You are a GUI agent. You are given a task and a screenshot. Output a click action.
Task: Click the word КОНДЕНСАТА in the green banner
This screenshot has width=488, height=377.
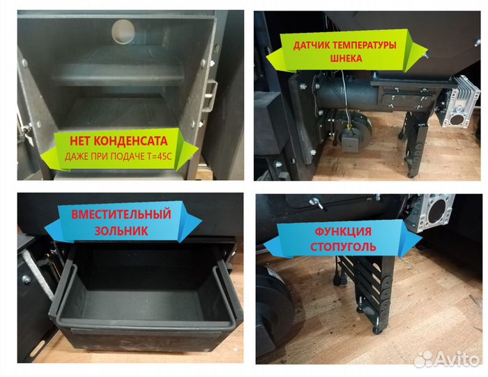pyautogui.click(x=131, y=141)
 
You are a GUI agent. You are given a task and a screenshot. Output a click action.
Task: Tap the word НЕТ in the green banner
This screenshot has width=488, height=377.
pyautogui.click(x=80, y=141)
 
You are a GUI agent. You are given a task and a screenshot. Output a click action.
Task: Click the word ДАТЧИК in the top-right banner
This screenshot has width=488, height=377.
pyautogui.click(x=311, y=45)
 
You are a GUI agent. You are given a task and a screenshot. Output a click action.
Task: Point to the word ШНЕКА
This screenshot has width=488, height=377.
pyautogui.click(x=346, y=58)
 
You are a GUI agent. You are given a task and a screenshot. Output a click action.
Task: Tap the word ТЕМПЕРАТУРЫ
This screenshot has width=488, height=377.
pyautogui.click(x=364, y=45)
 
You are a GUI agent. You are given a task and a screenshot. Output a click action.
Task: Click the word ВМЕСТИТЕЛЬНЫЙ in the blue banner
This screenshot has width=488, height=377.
pyautogui.click(x=121, y=214)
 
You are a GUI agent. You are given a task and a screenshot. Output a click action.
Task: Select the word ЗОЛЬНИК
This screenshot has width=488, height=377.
pyautogui.click(x=121, y=231)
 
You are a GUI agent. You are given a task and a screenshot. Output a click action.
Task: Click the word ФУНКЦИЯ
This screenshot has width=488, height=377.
pyautogui.click(x=343, y=232)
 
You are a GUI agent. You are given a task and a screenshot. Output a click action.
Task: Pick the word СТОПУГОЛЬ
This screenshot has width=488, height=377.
pyautogui.click(x=343, y=246)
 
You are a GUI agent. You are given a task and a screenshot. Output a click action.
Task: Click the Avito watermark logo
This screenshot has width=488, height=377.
pyautogui.click(x=446, y=359)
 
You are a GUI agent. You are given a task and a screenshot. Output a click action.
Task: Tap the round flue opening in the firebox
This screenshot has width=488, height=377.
pyautogui.click(x=123, y=32)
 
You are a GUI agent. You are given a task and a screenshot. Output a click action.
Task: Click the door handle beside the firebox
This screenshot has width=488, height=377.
pyautogui.click(x=209, y=96)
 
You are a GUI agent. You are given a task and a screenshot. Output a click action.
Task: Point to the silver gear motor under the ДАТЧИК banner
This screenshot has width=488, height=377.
pyautogui.click(x=457, y=102)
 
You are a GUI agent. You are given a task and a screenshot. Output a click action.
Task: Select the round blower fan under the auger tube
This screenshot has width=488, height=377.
pyautogui.click(x=351, y=128)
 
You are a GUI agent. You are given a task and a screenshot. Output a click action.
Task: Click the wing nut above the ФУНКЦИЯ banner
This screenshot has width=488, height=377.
pyautogui.click(x=317, y=202)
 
